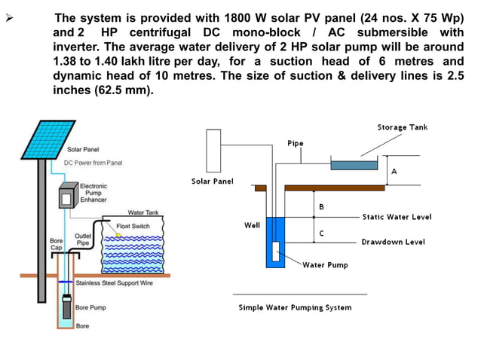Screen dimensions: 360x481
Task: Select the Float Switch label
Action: pyautogui.click(x=133, y=226)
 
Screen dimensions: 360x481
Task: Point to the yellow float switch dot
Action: pyautogui.click(x=118, y=235)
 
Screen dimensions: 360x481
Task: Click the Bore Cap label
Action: pyautogui.click(x=56, y=243)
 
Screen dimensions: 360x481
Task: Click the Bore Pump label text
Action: pyautogui.click(x=90, y=307)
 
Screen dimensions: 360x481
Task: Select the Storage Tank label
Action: pyautogui.click(x=402, y=127)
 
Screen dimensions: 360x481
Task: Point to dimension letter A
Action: pyautogui.click(x=394, y=172)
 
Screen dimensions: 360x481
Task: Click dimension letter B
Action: pyautogui.click(x=321, y=206)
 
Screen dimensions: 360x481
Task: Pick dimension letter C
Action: pyautogui.click(x=321, y=233)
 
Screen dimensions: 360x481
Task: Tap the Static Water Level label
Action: pyautogui.click(x=397, y=217)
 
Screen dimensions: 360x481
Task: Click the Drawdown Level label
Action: pyautogui.click(x=393, y=242)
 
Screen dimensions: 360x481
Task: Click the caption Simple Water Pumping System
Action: pyautogui.click(x=295, y=307)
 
